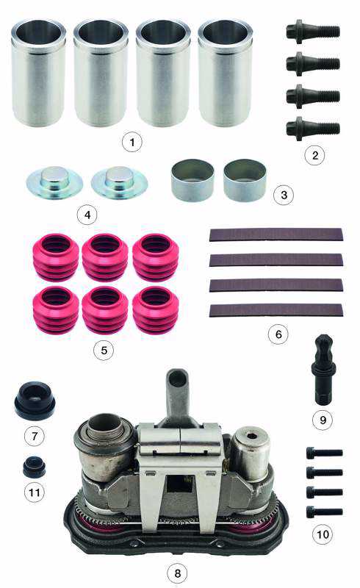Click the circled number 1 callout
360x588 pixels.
click(x=132, y=142)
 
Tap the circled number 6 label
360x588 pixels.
click(x=278, y=334)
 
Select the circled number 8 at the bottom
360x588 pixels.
click(x=177, y=573)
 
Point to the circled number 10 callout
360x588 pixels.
click(x=323, y=534)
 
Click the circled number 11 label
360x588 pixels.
click(x=34, y=492)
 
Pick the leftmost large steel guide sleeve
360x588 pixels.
click(x=39, y=73)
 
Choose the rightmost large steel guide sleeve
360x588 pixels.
click(x=225, y=73)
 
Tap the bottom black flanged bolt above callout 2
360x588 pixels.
click(x=313, y=129)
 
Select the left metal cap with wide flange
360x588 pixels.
click(x=54, y=182)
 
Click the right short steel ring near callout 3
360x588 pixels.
click(x=245, y=180)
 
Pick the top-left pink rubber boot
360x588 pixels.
click(x=57, y=257)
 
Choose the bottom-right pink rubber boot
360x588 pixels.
click(x=156, y=309)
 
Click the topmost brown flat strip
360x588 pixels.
click(x=276, y=234)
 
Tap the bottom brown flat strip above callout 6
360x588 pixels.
click(x=276, y=310)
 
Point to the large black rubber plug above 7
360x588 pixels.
click(x=35, y=401)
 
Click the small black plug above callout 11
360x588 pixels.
click(x=34, y=467)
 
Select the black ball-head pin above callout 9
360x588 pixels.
click(x=323, y=370)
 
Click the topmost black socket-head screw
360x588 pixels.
click(x=325, y=453)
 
